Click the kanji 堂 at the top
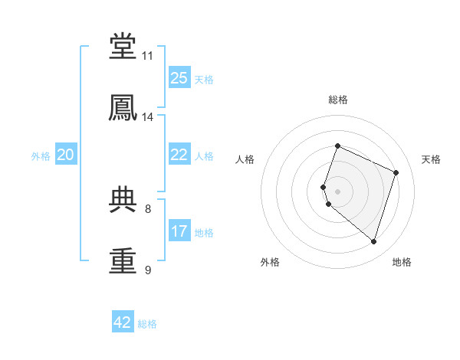pos(123,45)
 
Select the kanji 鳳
pos(123,107)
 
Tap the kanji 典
pos(123,199)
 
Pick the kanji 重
pos(123,260)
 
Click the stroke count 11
pos(147,56)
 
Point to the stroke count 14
pos(147,117)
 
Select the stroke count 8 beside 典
pos(148,209)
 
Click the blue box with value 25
pos(179,77)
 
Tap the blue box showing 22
pos(179,154)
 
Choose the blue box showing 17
pos(179,230)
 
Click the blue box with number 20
pos(66,154)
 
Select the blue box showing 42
pos(123,321)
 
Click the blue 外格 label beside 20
pos(41,156)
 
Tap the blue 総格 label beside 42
pos(147,324)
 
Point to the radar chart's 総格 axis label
pos(338,100)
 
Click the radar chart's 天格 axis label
pos(431,159)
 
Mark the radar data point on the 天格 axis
pos(396,172)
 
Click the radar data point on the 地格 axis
pos(373,241)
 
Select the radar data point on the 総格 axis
pos(337,146)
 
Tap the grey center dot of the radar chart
pos(337,191)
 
